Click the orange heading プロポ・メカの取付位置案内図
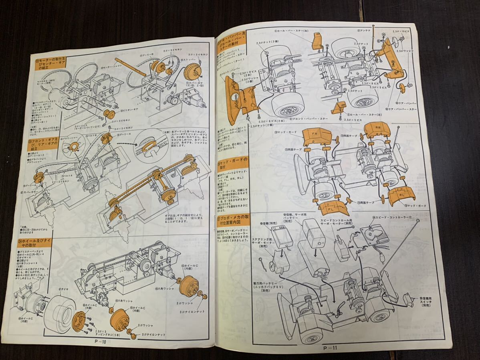pyautogui.click(x=234, y=221)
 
